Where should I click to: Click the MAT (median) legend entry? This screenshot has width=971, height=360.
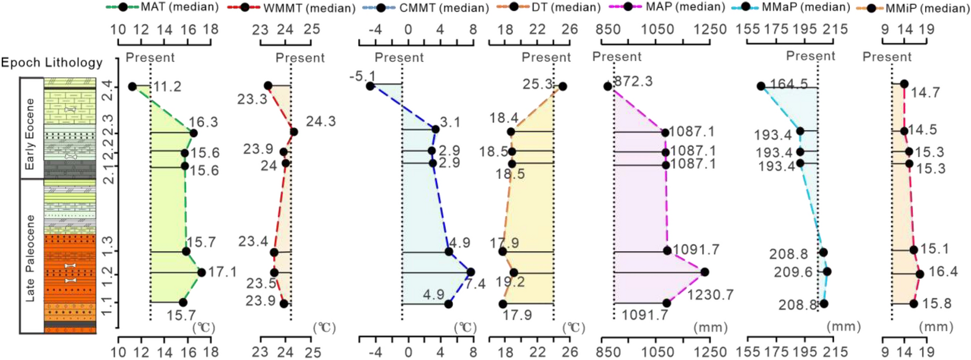[x=162, y=7]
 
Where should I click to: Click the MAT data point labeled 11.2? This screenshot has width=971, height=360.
[x=132, y=87]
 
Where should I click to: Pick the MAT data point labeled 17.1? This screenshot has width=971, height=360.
[x=202, y=272]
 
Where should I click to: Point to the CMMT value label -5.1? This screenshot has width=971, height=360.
[x=362, y=76]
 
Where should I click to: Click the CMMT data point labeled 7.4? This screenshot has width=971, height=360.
[x=471, y=272]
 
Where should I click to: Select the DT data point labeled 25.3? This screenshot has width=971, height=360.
[x=563, y=86]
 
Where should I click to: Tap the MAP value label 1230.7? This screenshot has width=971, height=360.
[x=710, y=294]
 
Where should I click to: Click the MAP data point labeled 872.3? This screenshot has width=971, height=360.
[x=608, y=86]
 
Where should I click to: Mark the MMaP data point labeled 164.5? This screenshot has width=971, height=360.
[x=761, y=86]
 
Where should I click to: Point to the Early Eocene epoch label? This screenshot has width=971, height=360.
[x=29, y=134]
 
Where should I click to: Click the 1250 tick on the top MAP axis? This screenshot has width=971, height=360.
[x=710, y=29]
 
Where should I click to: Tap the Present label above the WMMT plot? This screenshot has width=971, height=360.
[x=300, y=58]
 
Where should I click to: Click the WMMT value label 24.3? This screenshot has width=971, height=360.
[x=321, y=122]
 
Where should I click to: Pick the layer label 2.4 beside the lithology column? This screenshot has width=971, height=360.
[x=108, y=91]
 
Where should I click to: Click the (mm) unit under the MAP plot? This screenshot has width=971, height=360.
[x=710, y=327]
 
